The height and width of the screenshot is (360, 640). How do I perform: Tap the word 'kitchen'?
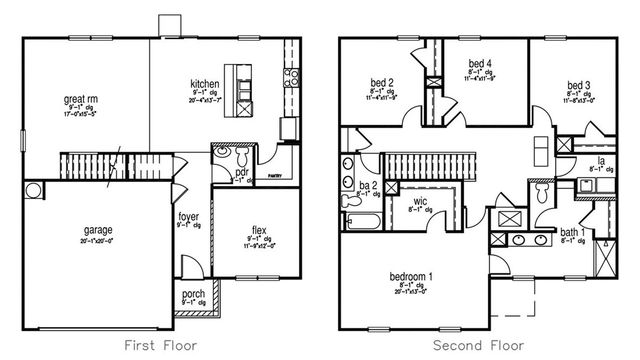coord(205,84)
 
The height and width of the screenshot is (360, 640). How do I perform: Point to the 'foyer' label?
coord(188,215)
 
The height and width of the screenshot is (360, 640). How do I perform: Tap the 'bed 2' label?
coord(379,82)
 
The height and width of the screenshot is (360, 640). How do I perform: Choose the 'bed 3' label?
coord(576,84)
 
